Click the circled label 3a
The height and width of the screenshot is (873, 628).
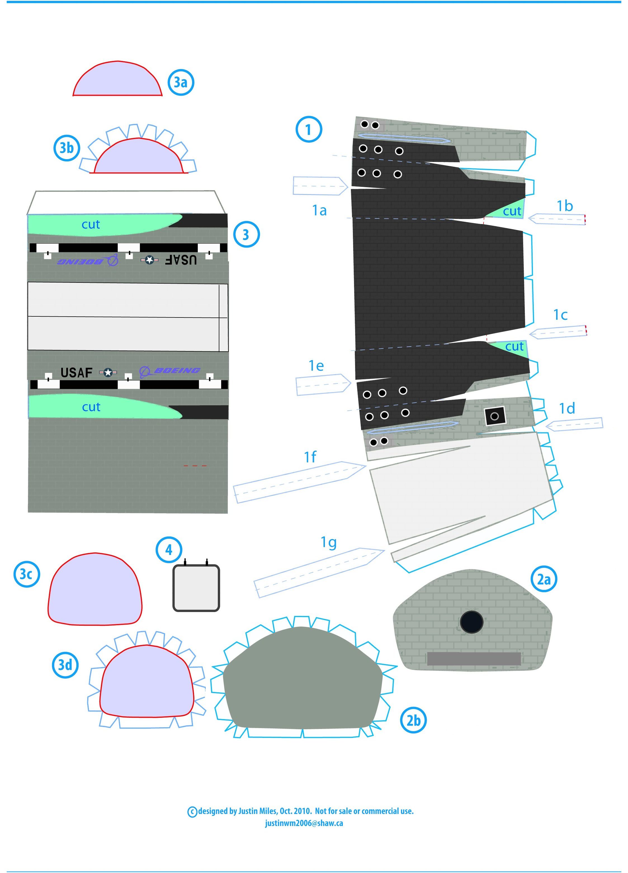click(180, 82)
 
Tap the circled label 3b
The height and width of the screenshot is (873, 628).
click(67, 148)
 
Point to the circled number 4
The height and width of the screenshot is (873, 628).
click(169, 550)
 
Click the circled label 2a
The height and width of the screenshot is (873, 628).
click(544, 579)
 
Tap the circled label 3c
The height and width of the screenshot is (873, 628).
click(27, 574)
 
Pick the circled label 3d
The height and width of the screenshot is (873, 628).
click(65, 665)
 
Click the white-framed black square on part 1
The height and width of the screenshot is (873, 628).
click(495, 416)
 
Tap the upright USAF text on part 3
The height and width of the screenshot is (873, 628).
click(77, 373)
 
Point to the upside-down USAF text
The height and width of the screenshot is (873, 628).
click(181, 260)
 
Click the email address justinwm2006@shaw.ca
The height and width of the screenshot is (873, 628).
click(304, 823)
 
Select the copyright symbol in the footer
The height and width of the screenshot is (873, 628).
click(192, 812)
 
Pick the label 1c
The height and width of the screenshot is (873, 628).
click(560, 315)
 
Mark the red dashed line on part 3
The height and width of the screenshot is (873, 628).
click(195, 466)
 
